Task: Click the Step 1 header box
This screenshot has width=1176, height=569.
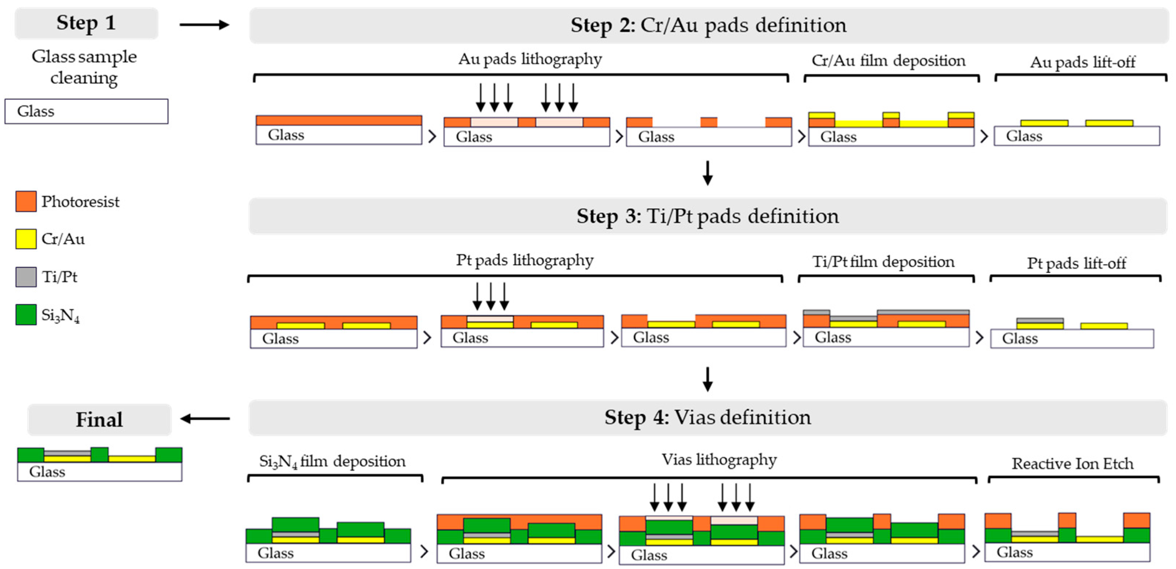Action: (x=86, y=23)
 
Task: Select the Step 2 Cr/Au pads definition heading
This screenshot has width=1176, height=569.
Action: (x=708, y=25)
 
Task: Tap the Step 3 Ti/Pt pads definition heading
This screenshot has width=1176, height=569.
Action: (x=708, y=216)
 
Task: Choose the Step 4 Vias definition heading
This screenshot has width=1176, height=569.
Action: (x=708, y=417)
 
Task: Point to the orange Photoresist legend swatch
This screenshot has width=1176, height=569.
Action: (x=26, y=202)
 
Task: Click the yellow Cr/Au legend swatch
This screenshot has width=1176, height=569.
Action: (x=26, y=239)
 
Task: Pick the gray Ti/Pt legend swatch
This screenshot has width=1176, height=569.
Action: (x=26, y=277)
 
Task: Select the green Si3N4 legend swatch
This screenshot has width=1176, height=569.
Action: (x=26, y=315)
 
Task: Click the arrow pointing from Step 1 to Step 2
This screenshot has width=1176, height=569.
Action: (x=204, y=25)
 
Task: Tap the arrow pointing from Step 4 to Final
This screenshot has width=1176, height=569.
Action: (x=205, y=418)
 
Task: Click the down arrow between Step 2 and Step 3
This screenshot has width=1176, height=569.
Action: (x=708, y=172)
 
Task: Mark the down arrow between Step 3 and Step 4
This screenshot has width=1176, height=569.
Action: (x=708, y=379)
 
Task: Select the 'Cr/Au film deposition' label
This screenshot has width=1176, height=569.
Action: (x=888, y=60)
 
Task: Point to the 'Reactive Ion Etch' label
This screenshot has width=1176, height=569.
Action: (x=1072, y=463)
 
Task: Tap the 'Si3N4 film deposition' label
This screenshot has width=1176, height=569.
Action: (x=332, y=462)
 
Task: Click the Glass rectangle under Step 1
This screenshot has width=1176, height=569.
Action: (x=86, y=111)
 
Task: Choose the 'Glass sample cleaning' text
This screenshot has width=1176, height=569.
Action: (x=84, y=67)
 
